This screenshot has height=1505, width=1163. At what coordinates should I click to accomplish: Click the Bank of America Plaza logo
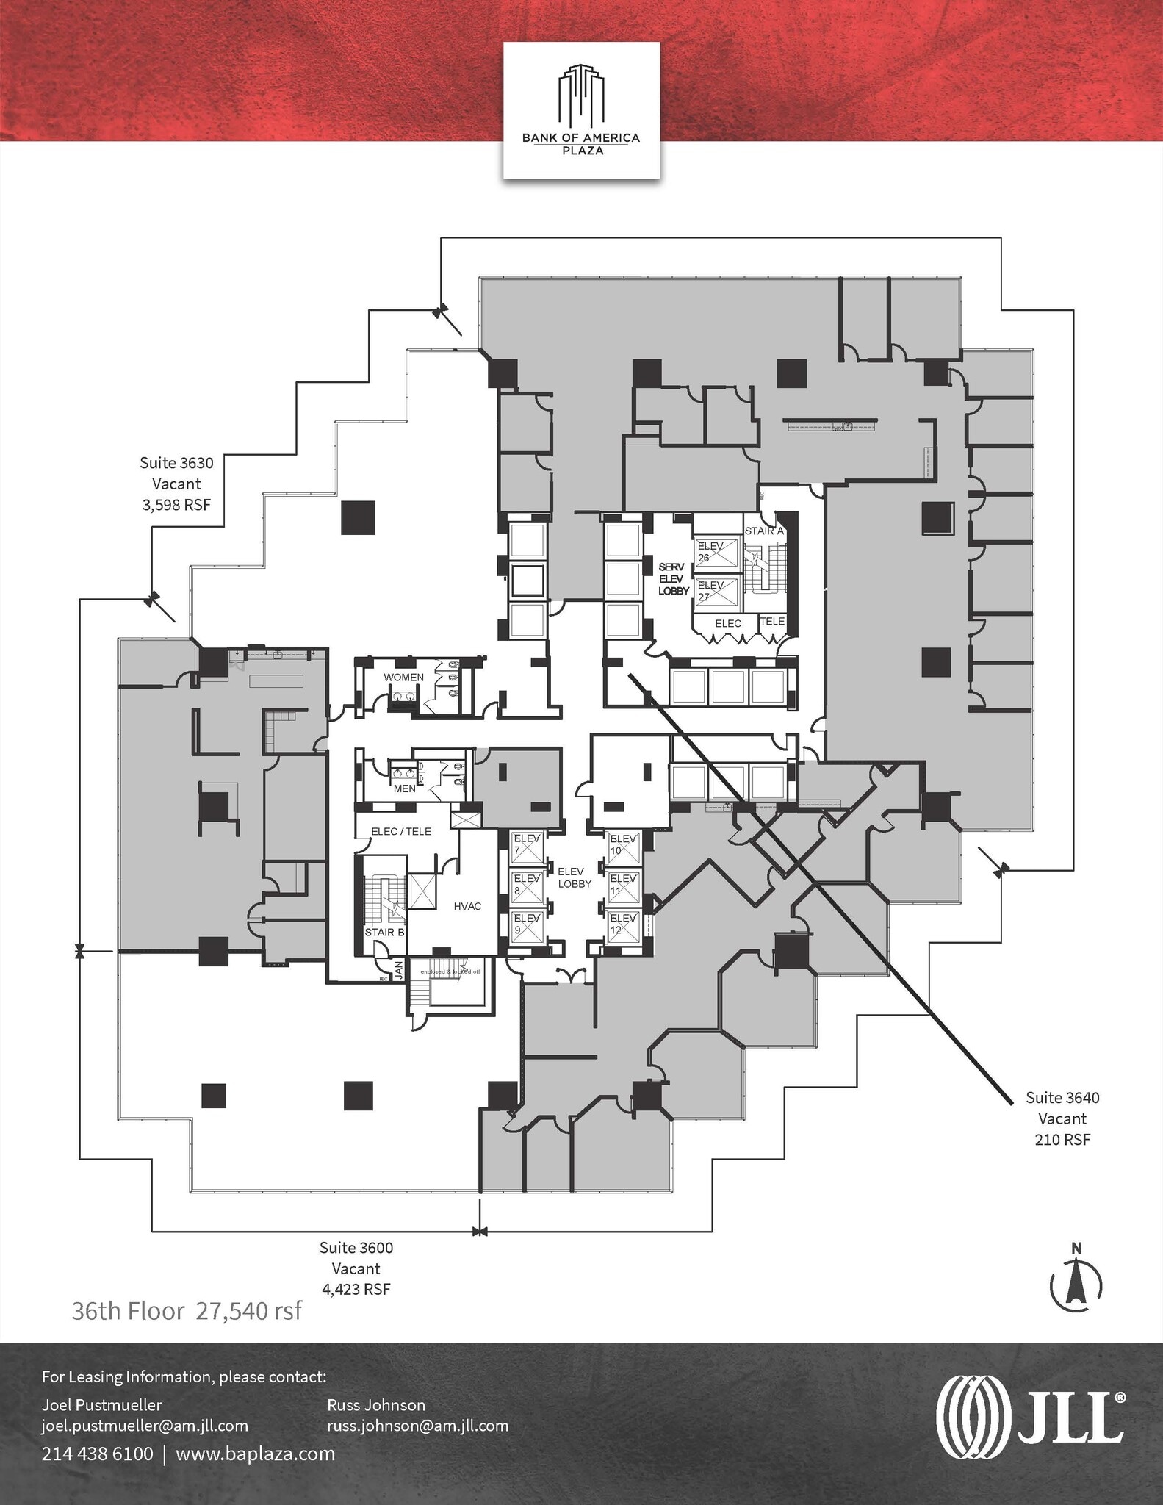580,110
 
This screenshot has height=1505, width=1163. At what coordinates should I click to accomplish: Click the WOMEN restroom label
403,677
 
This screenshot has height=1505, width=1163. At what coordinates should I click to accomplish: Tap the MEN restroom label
404,789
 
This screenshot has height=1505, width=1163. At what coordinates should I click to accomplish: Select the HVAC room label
467,906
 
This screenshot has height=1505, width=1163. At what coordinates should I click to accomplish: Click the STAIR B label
384,932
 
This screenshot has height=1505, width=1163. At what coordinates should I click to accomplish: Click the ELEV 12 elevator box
623,924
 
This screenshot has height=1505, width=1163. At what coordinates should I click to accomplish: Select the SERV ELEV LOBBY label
673,579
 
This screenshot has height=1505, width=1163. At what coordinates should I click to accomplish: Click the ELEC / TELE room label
401,831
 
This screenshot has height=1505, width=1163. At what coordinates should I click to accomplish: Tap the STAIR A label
764,531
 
